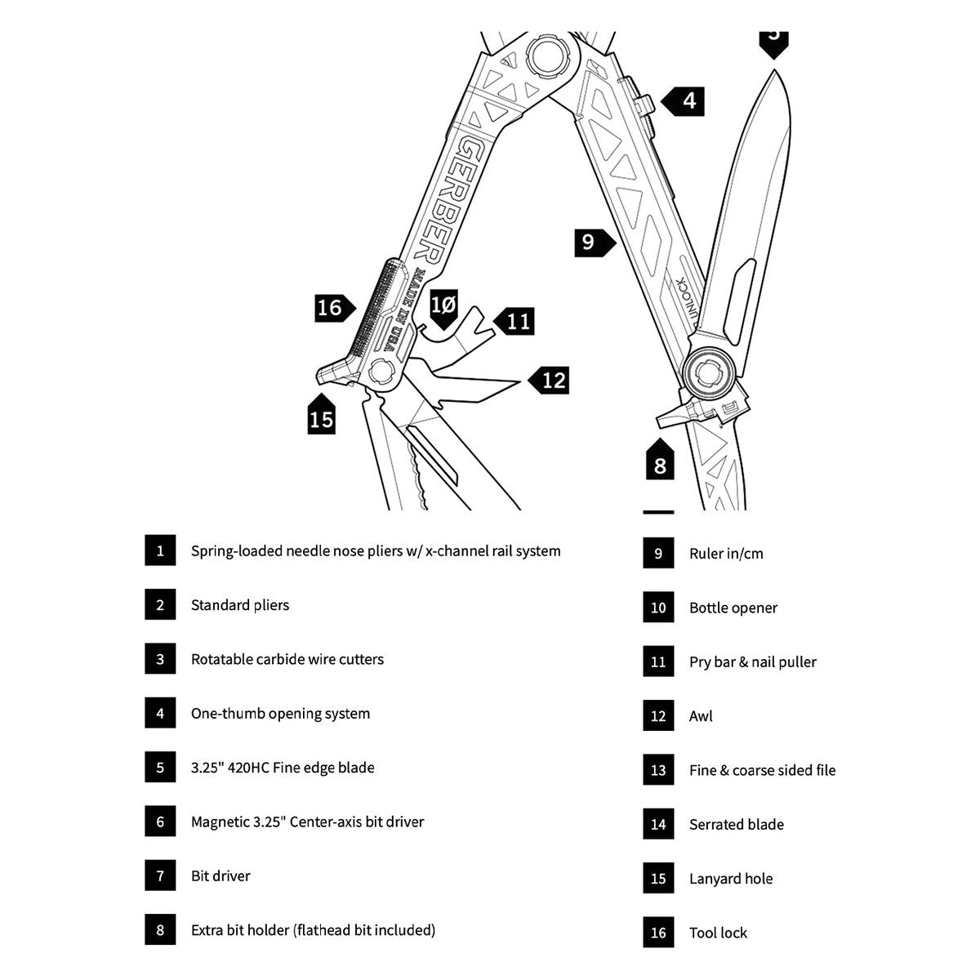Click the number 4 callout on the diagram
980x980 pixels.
pos(683,100)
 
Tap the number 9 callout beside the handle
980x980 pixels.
pos(595,243)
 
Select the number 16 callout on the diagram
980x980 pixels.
pos(335,308)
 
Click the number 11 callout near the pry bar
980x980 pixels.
pos(514,322)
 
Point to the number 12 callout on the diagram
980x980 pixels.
pos(548,381)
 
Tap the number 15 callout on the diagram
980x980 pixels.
pos(322,414)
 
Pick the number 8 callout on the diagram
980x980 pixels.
pos(660,459)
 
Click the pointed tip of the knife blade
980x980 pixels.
pos(774,71)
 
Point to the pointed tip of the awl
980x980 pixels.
pos(519,381)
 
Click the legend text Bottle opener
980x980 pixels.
pos(733,608)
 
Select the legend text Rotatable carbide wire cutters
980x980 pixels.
pos(287,659)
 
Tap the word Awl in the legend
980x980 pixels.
pos(700,716)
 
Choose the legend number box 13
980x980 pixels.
pos(658,770)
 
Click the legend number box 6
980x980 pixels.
pos(160,822)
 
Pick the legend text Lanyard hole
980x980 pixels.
pos(731,879)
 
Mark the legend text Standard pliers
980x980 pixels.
pos(240,605)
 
